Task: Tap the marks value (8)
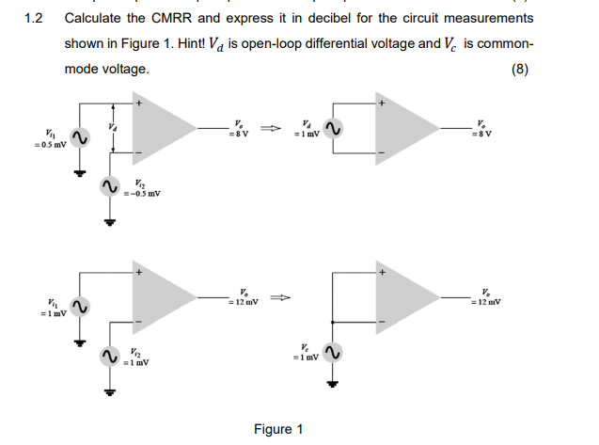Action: point(519,69)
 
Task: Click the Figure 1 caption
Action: point(278,429)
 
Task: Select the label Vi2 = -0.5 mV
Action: point(142,188)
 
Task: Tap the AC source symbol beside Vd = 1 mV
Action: point(332,128)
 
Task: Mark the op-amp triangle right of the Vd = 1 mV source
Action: point(412,127)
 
